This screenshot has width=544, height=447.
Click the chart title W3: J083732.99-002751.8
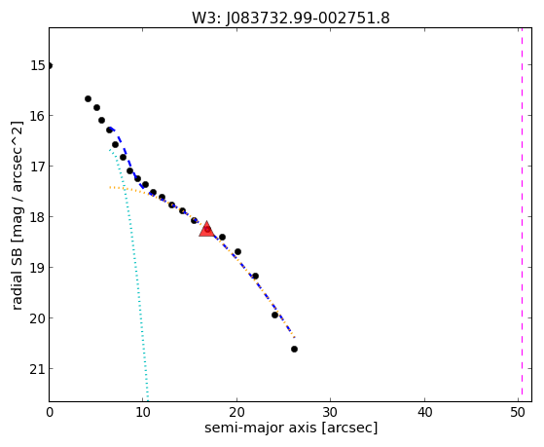(291, 18)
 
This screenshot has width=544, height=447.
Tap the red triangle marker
(206, 229)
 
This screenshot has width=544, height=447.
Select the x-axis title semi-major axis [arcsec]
(291, 428)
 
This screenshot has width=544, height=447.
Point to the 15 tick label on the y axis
(38, 65)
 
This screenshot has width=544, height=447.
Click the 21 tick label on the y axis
(38, 369)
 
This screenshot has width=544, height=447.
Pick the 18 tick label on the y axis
(38, 217)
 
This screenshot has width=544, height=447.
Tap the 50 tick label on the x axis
(518, 412)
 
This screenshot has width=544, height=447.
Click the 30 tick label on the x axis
(330, 412)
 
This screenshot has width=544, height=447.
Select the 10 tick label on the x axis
(143, 412)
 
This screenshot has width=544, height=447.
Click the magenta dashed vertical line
(522, 214)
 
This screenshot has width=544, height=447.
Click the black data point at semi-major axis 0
(50, 65)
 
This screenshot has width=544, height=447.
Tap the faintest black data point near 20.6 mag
(294, 349)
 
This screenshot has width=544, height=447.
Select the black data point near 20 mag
(274, 315)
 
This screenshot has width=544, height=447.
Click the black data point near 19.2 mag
(255, 277)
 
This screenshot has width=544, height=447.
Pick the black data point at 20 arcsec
(237, 251)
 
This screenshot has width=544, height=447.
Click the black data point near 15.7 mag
(88, 99)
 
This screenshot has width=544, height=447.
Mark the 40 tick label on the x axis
(424, 412)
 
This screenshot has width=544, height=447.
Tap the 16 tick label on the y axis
(38, 116)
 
